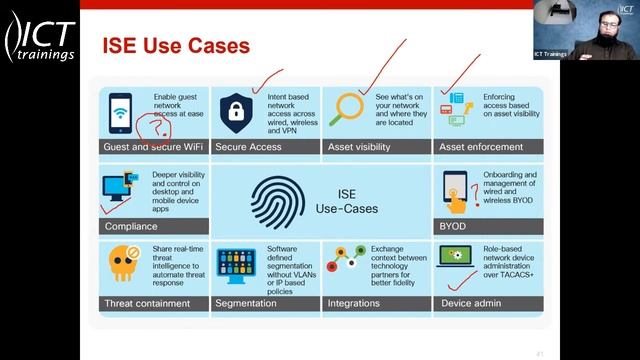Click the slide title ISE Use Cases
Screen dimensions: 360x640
176,46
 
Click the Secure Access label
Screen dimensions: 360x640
249,147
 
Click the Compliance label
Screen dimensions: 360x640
131,225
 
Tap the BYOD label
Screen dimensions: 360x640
452,225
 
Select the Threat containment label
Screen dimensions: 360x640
141,302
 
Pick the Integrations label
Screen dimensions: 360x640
354,302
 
